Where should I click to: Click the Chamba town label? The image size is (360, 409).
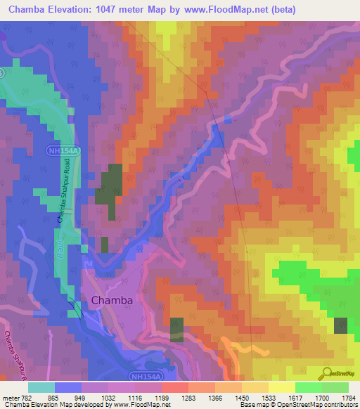[112, 300]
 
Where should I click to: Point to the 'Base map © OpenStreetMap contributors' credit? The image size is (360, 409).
[298, 405]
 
